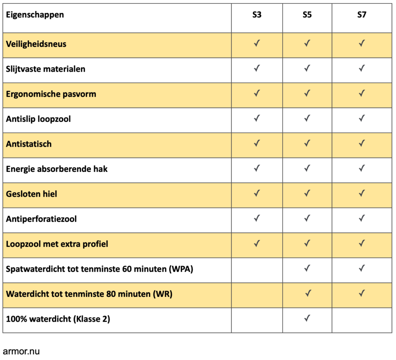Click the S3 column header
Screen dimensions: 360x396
pos(256,15)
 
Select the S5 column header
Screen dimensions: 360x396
pos(307,15)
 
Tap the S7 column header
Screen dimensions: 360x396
pos(362,15)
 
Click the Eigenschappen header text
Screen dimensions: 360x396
pos(35,15)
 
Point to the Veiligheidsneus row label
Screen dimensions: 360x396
pos(36,44)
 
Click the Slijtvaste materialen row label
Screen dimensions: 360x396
pos(46,69)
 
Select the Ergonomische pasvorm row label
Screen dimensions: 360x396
pos(51,94)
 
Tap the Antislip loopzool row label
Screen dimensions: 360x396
pos(38,119)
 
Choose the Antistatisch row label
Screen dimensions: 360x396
pos(29,144)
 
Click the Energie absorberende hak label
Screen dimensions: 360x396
pos(57,169)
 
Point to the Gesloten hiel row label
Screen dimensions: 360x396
pos(31,194)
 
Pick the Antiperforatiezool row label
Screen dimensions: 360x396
pos(41,219)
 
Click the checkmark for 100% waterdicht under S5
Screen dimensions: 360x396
pos(307,319)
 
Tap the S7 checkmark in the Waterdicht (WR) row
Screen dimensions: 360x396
pos(362,293)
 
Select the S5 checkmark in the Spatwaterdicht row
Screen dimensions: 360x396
pos(307,268)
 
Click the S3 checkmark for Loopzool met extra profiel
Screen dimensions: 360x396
pos(256,243)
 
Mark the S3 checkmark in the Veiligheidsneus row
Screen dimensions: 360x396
pos(256,43)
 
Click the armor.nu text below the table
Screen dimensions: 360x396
pos(21,351)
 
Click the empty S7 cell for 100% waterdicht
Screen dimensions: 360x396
pos(362,320)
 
